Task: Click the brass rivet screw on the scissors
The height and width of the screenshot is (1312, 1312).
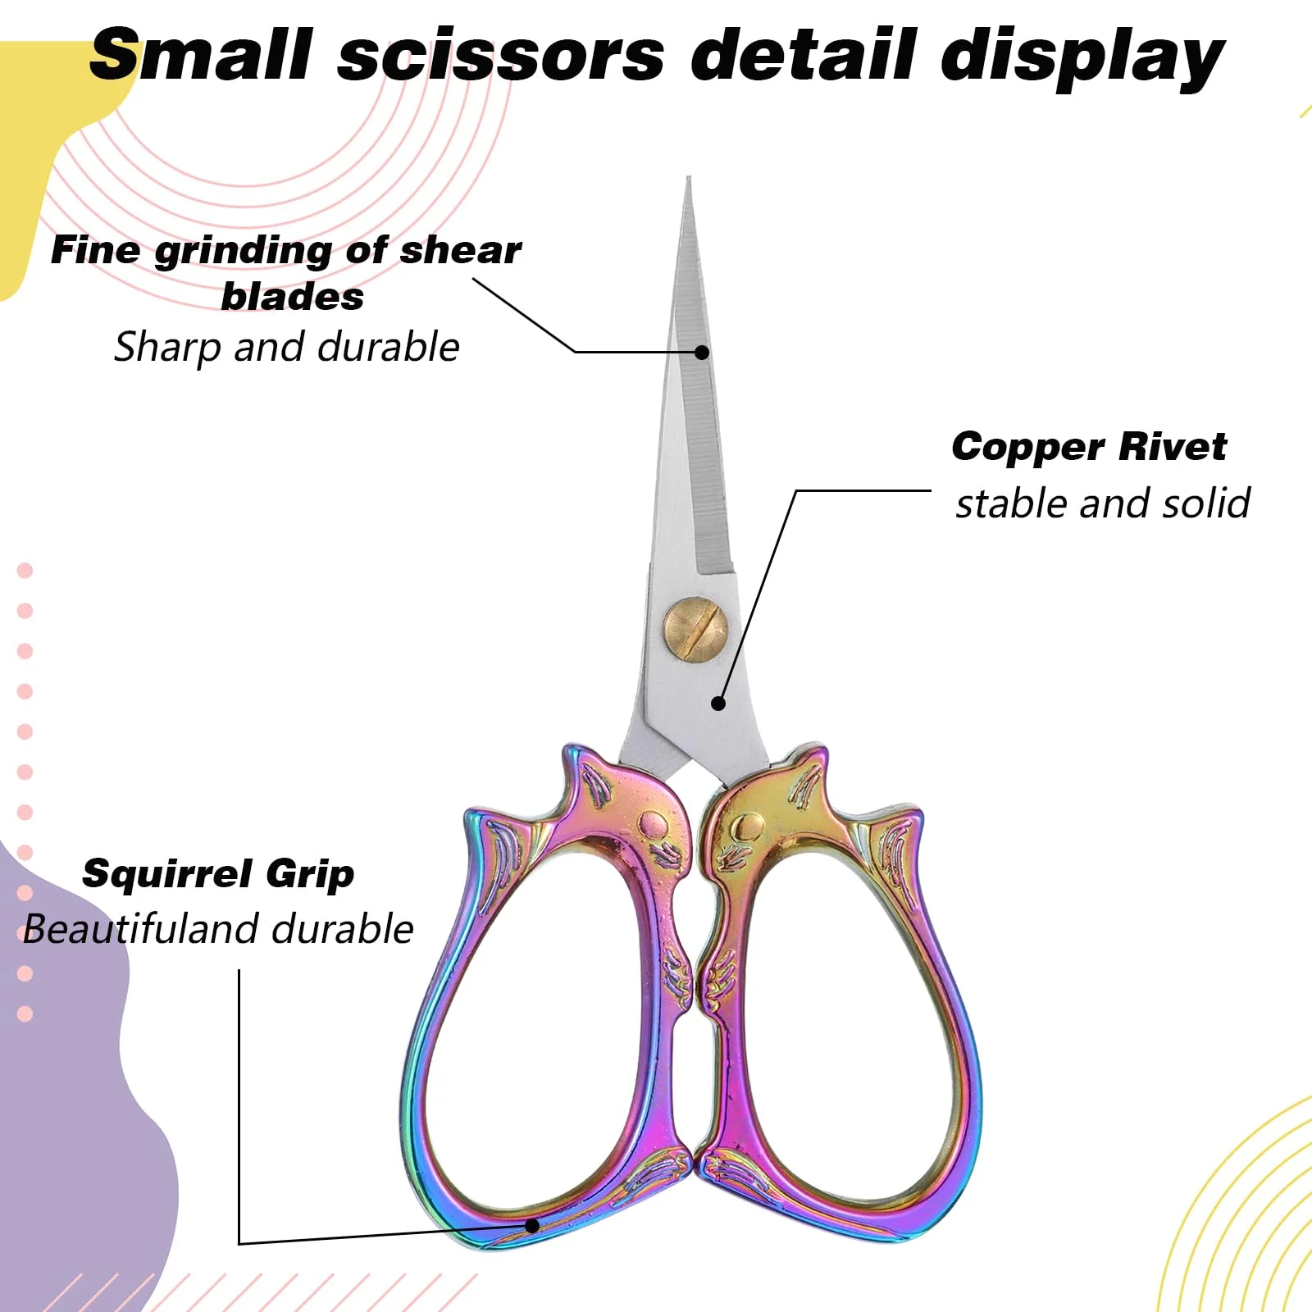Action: pos(695,627)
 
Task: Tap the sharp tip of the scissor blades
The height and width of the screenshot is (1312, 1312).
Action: pos(689,180)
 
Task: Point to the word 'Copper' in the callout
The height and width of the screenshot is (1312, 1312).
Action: pos(1028,447)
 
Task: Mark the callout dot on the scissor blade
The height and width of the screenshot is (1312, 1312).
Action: pos(702,352)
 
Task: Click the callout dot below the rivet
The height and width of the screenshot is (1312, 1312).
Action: pos(718,703)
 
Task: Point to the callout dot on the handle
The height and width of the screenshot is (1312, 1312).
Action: pos(532,1226)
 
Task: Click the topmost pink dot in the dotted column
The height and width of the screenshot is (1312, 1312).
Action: pos(25,570)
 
